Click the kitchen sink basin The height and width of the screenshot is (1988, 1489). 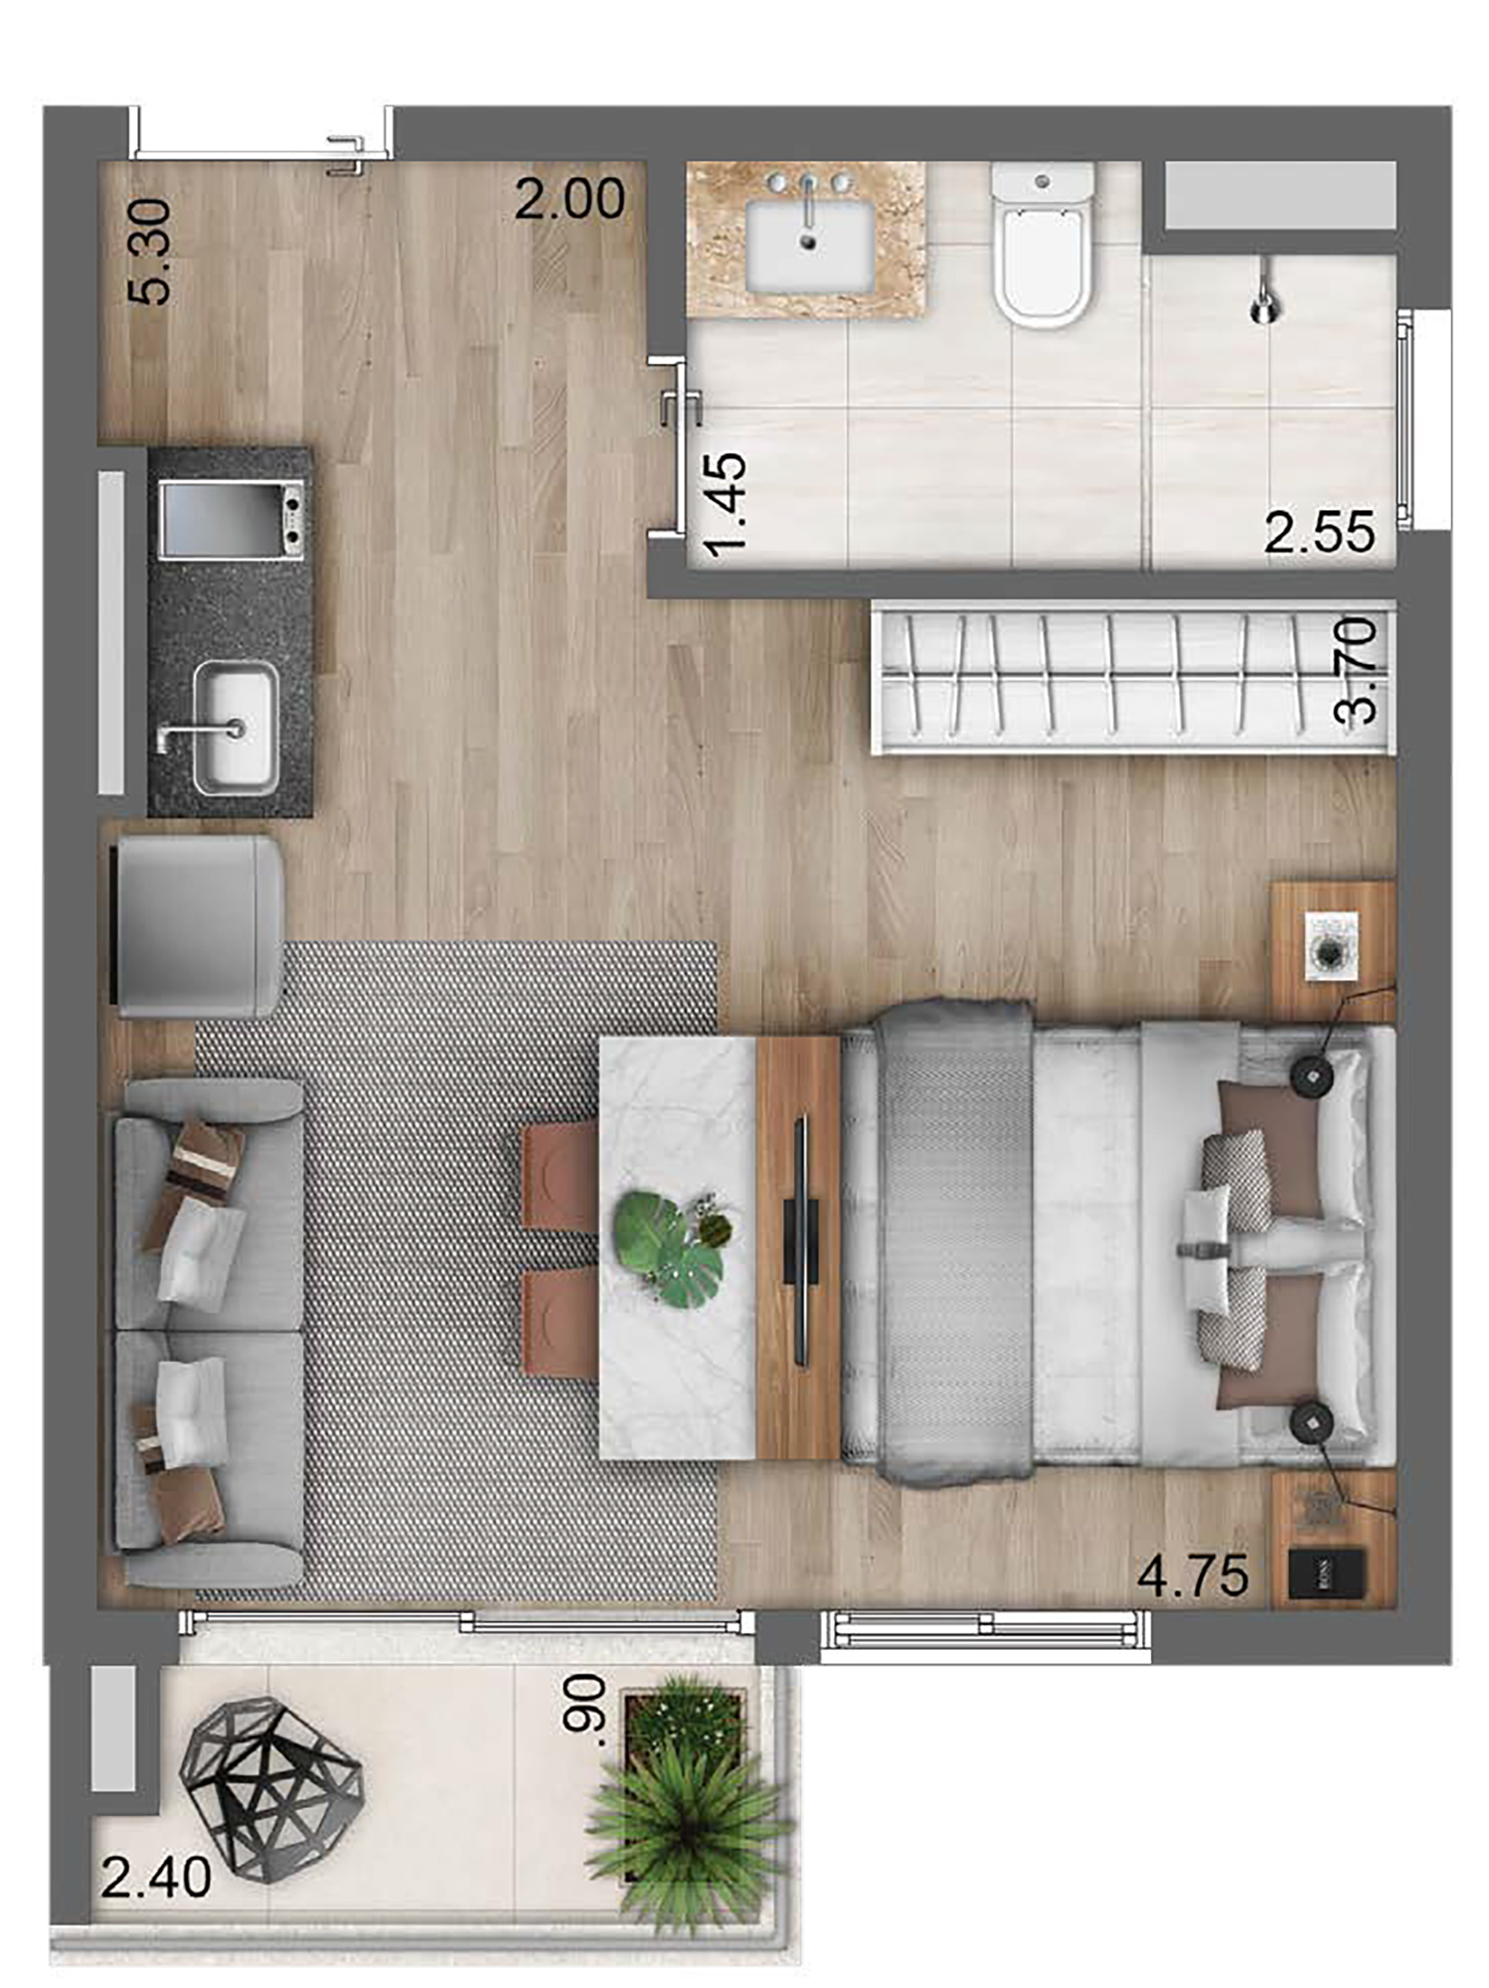[x=235, y=728]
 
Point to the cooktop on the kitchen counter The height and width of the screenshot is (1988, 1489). [x=233, y=519]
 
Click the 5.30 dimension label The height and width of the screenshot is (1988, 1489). [x=150, y=251]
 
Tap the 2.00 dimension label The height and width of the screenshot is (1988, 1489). [x=570, y=199]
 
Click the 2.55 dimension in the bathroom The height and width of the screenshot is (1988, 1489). [x=1320, y=533]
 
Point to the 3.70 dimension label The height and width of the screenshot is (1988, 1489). [x=1357, y=670]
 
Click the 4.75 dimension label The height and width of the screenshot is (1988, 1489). [x=1193, y=1575]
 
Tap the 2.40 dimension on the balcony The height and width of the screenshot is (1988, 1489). [x=156, y=1878]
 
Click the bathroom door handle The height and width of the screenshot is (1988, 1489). [x=680, y=408]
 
